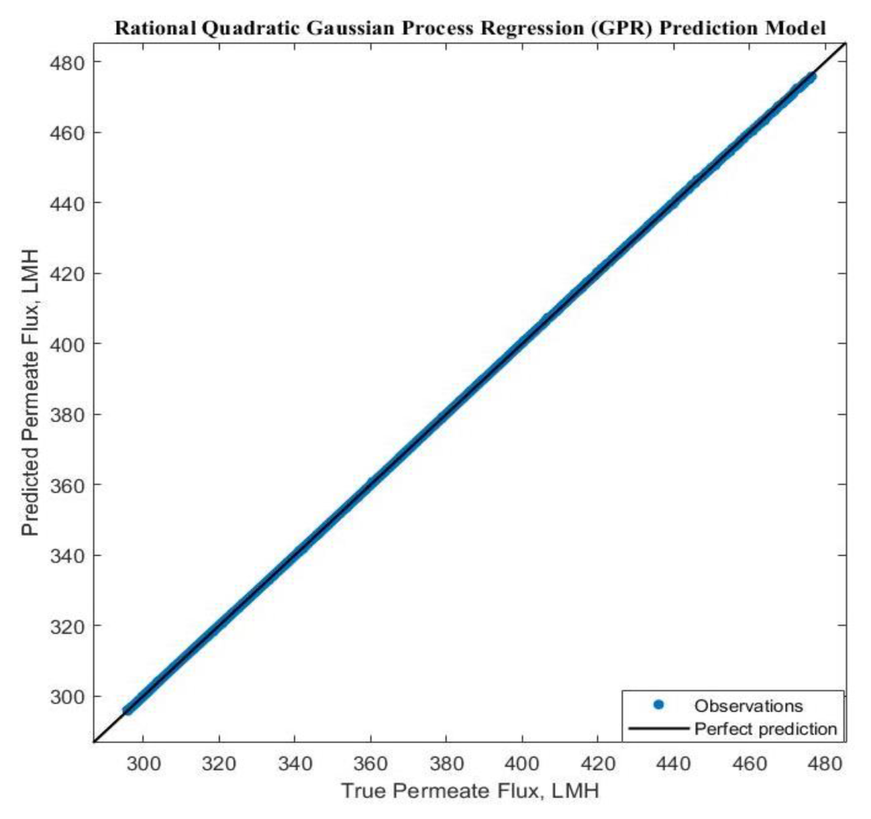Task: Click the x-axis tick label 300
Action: [x=143, y=764]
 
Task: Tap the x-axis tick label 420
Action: [x=598, y=764]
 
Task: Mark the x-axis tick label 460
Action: [x=749, y=764]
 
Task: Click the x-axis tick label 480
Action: [x=825, y=764]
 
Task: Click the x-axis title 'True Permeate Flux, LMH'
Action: [x=469, y=791]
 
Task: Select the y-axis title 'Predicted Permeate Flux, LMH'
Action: [x=31, y=393]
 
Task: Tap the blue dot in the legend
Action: [x=658, y=705]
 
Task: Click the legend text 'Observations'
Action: [x=748, y=706]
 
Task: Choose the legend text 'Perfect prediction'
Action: [x=765, y=729]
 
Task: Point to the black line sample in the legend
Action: [x=658, y=729]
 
